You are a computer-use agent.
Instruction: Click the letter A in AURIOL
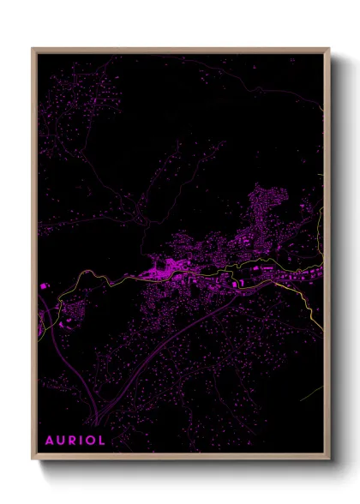pos(50,440)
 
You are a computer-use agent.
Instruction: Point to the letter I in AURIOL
pos(82,440)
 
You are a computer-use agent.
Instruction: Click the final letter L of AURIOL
pos(103,440)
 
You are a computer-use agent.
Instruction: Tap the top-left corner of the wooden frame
pos(33,49)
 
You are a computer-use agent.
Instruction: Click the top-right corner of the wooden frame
pos(329,49)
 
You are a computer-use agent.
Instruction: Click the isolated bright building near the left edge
pos(44,285)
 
